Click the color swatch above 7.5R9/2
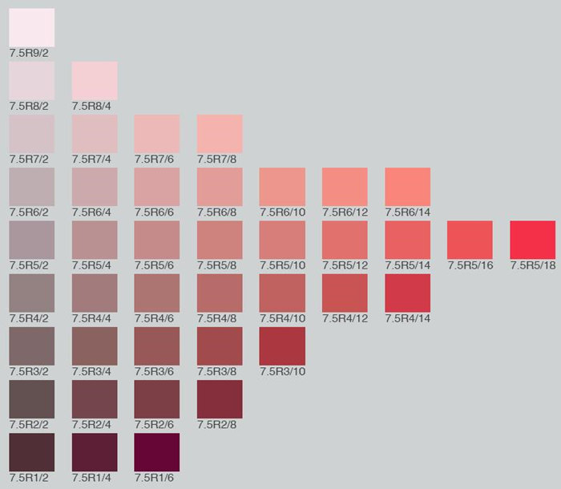pos(32,27)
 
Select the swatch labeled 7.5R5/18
pos(532,240)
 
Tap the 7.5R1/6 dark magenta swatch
pos(157,452)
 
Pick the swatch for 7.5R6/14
pos(407,187)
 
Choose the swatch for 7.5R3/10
pos(282,346)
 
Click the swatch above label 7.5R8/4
pos(95,80)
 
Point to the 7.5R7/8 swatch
pos(220,134)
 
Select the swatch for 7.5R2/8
pos(220,399)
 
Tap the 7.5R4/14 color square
pos(407,293)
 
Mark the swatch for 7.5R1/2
pos(32,452)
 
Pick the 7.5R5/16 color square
pos(470,240)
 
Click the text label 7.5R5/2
pos(29,265)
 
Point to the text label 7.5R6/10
pos(282,212)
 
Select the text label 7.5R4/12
pos(345,318)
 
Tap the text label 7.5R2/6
pos(154,425)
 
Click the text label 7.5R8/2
pos(29,106)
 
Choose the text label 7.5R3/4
pos(91,371)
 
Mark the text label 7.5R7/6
pos(154,159)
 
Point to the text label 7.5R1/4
pos(91,478)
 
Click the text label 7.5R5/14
pos(407,265)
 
